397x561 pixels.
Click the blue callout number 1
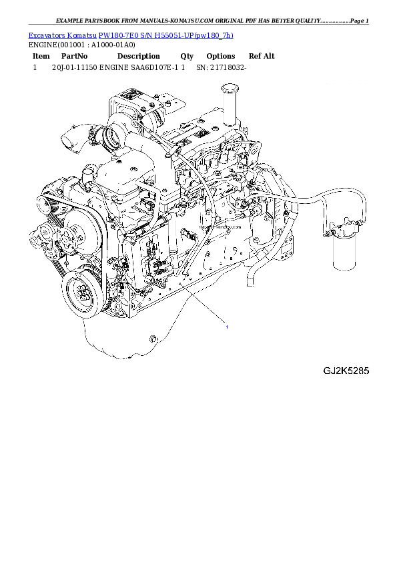pos(228,327)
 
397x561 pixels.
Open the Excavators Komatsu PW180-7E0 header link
pos(131,35)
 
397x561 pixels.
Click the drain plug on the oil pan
pos(151,340)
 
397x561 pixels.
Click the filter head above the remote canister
pos(342,229)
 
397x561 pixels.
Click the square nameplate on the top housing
pos(130,97)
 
